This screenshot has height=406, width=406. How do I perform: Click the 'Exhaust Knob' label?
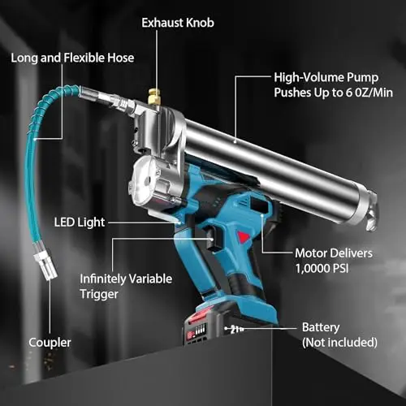coord(178,23)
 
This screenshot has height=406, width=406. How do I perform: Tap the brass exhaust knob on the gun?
coord(154,97)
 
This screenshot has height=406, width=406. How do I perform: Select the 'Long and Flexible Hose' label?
coord(72,58)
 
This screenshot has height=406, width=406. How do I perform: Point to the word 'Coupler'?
coord(50,343)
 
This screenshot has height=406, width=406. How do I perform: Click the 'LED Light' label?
coord(80,222)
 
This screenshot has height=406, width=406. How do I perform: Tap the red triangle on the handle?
coord(244,237)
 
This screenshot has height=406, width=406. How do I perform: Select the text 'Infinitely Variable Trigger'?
coord(126,287)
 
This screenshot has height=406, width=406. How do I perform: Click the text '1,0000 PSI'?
coord(322,269)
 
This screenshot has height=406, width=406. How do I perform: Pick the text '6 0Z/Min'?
coord(369,93)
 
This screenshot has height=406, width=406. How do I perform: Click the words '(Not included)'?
coord(339,343)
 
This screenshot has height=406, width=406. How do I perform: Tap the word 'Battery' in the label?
coord(321,327)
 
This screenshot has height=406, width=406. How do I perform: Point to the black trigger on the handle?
coord(213,238)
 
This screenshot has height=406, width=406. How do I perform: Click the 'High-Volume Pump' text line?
coord(326,78)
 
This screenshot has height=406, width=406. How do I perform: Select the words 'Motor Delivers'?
coord(334,253)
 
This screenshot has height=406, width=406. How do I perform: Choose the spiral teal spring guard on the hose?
coord(46,108)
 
